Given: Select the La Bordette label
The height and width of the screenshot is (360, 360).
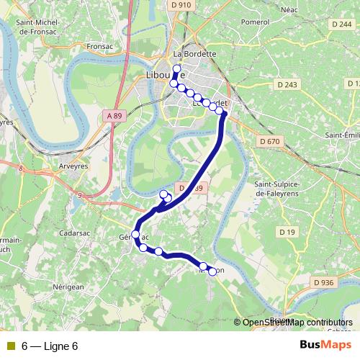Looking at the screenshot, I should pos(194,53).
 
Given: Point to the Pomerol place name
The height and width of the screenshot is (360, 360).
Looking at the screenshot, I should pos(255,22).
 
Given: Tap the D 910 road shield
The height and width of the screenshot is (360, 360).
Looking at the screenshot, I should pos(181,5).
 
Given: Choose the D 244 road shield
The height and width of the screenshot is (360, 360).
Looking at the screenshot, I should pos(341,24).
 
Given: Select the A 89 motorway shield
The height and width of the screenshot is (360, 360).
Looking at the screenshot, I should pos(114,115).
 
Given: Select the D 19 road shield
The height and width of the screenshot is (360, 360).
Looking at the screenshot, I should pos(287,231).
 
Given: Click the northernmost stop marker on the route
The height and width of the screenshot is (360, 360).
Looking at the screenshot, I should pos(176,68).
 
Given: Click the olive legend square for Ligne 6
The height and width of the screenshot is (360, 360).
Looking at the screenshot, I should pos(9,346).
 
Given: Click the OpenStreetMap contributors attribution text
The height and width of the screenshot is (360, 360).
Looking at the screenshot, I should pos(297,323).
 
